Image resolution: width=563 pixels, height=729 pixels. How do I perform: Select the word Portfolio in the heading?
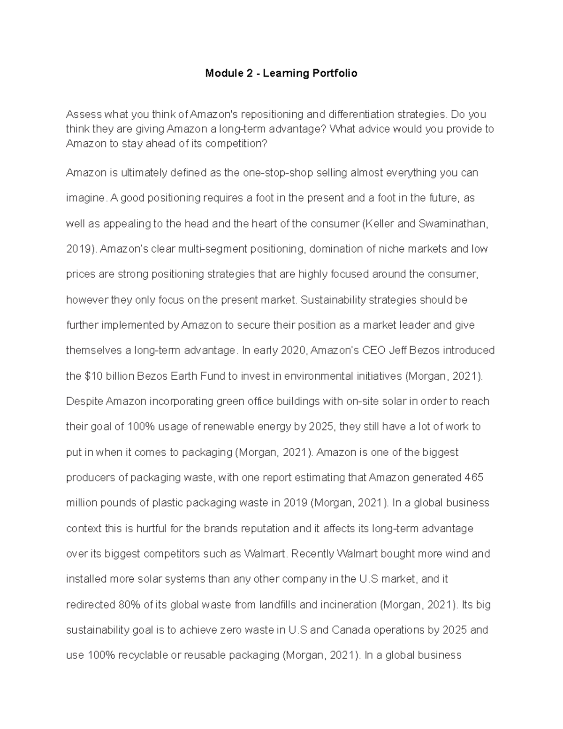pyautogui.click(x=336, y=73)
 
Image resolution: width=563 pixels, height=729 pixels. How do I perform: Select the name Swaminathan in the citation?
pyautogui.click(x=455, y=223)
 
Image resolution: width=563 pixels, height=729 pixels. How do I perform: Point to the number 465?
pyautogui.click(x=474, y=477)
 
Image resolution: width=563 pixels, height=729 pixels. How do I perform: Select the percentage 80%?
pyautogui.click(x=129, y=605)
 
